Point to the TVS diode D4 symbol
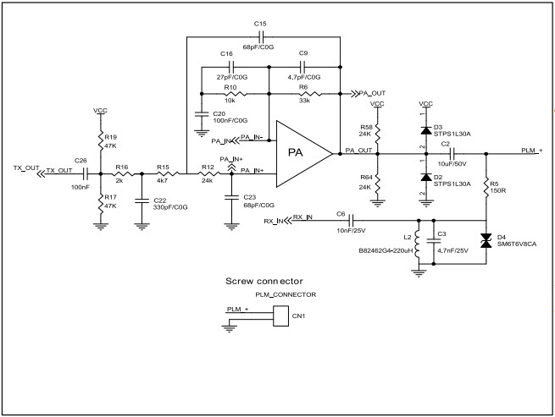click(x=486, y=243)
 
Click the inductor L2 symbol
click(x=417, y=243)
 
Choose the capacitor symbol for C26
click(x=84, y=169)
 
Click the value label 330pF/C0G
click(x=170, y=206)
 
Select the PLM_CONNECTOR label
click(x=286, y=295)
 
